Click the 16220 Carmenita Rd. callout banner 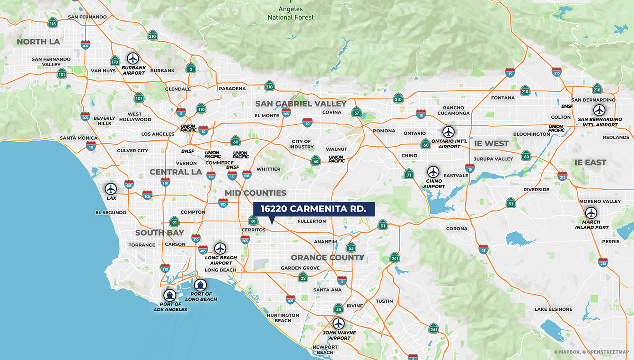[x=314, y=209]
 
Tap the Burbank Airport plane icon [x=133, y=58]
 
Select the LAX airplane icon [x=111, y=189]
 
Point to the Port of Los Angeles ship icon [x=169, y=295]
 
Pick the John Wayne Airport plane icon [x=338, y=324]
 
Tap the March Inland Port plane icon [x=591, y=213]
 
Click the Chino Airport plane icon [x=433, y=172]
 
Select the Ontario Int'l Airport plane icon [x=448, y=132]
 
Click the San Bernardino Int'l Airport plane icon [x=599, y=110]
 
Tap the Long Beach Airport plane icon [x=220, y=248]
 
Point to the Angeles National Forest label [x=290, y=13]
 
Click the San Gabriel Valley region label [x=301, y=104]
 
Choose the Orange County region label [x=327, y=257]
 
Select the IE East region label [x=590, y=162]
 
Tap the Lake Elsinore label [x=553, y=309]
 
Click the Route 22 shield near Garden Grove [x=303, y=277]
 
